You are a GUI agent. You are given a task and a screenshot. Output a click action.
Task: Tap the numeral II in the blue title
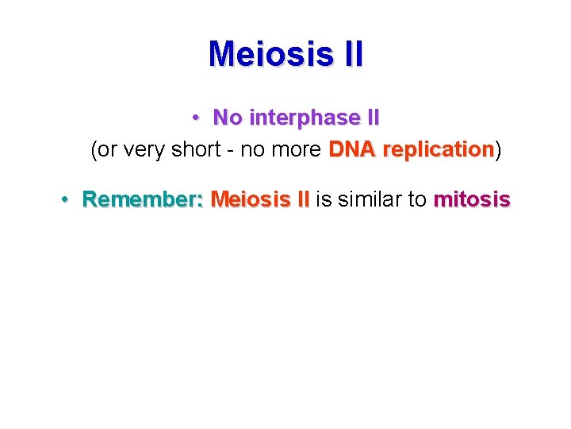pyautogui.click(x=350, y=55)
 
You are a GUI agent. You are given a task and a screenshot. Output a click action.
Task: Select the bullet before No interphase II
pyautogui.click(x=195, y=118)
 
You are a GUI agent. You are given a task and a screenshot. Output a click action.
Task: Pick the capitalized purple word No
pyautogui.click(x=228, y=118)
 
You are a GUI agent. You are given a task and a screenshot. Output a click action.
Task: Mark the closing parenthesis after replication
pyautogui.click(x=498, y=150)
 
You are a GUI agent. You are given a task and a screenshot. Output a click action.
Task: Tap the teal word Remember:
pyautogui.click(x=143, y=199)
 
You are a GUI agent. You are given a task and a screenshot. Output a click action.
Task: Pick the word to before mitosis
pyautogui.click(x=417, y=199)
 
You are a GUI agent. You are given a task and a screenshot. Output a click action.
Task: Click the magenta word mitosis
pyautogui.click(x=471, y=199)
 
